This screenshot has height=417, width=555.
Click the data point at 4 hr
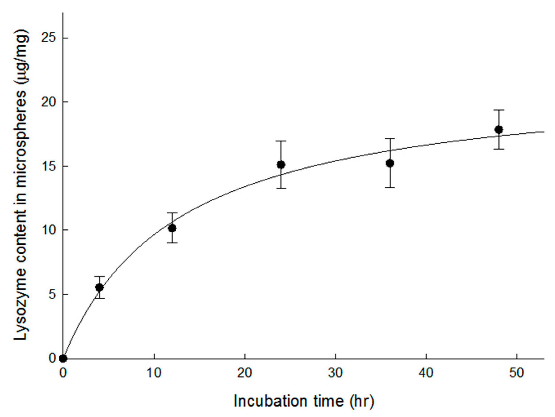tap(100, 288)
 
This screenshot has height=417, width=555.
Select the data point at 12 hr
tap(172, 228)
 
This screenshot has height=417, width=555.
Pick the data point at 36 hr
tap(390, 163)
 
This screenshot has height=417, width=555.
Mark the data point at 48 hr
tap(499, 129)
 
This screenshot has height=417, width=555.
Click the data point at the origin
tap(63, 358)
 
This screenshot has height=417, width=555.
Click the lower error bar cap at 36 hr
tap(390, 187)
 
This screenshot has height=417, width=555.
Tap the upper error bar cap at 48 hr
tap(499, 110)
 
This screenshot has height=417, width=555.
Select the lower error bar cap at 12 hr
tap(172, 243)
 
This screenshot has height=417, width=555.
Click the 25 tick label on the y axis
tap(49, 38)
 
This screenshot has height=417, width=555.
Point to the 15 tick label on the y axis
tap(49, 166)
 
